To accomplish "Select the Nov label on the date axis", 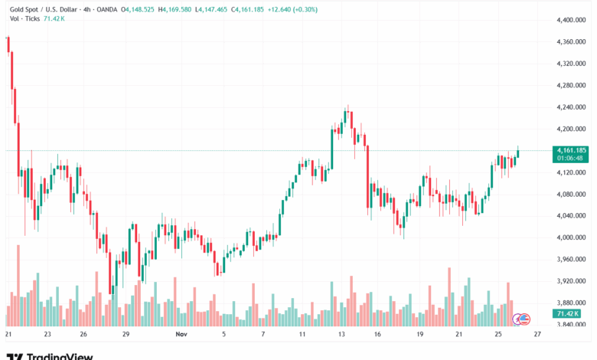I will click(181, 335).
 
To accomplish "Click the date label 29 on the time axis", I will click(126, 335).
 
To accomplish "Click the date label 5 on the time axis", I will click(223, 335).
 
